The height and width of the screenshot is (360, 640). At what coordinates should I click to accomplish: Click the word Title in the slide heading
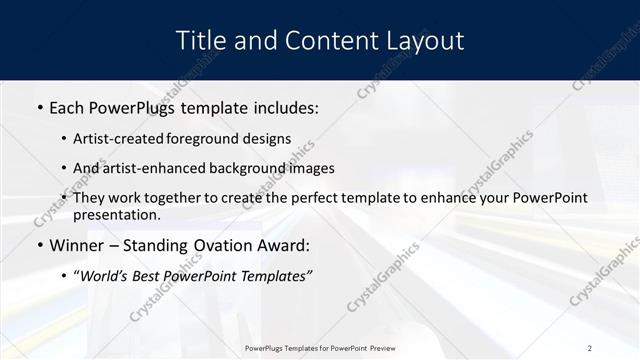[x=198, y=41]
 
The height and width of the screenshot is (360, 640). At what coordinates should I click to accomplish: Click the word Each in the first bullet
[x=68, y=107]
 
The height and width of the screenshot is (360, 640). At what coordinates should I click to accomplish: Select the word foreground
[x=213, y=139]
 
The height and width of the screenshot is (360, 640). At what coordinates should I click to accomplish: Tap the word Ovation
[x=226, y=245]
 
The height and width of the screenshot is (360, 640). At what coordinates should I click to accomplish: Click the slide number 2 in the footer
[x=590, y=348]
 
